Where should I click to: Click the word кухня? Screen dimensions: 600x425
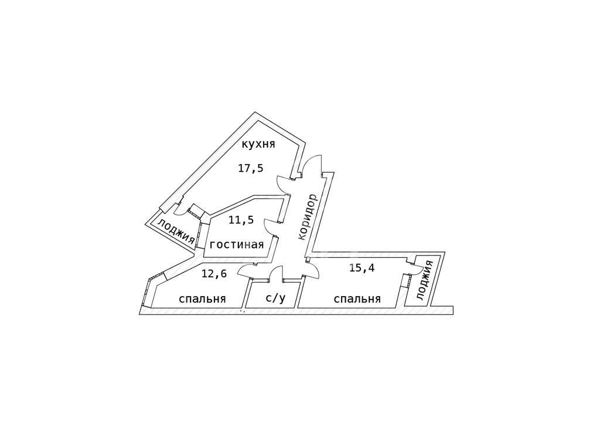[258, 145]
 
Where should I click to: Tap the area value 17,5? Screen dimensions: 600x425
[251, 168]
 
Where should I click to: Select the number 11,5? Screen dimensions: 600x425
[241, 220]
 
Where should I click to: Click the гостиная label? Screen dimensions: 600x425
[237, 244]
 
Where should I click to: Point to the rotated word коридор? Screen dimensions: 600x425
[308, 217]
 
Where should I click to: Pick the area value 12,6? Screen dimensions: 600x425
[214, 274]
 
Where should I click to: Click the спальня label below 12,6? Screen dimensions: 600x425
[202, 298]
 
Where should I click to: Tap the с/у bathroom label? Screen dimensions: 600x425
[275, 298]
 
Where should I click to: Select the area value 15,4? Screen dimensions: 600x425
[362, 267]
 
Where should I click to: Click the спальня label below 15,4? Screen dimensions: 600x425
[357, 298]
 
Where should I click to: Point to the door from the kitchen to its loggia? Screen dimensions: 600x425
[180, 209]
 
